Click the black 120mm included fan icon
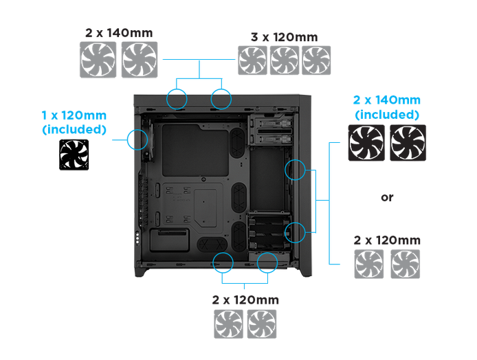(74, 155)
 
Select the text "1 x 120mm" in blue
(74, 115)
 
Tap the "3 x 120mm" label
(284, 37)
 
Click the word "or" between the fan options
(387, 197)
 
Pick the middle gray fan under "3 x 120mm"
(284, 60)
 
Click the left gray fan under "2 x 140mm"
(98, 60)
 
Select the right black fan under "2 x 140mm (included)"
(408, 143)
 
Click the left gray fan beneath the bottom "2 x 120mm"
(228, 324)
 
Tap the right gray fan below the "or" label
(406, 264)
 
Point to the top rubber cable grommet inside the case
(238, 143)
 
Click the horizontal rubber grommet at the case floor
(212, 244)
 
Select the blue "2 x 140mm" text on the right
(387, 100)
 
